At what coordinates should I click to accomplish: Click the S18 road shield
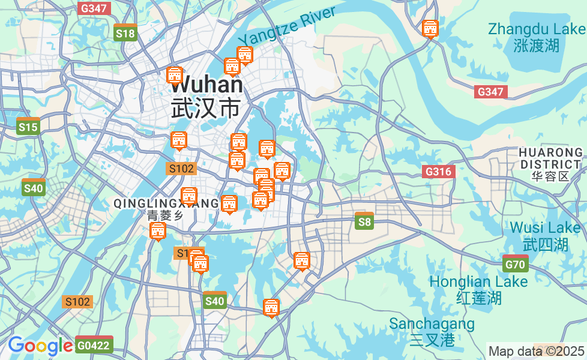[125, 33]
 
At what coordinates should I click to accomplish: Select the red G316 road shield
[438, 172]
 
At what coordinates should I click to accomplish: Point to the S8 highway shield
[364, 222]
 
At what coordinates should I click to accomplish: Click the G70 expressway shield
[515, 264]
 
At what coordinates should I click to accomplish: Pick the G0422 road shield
[94, 345]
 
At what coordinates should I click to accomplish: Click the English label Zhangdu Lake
[536, 29]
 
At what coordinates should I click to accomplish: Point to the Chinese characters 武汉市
[205, 108]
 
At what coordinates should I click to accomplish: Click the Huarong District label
[550, 158]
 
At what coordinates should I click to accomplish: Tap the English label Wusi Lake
[545, 228]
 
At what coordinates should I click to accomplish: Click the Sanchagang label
[432, 324]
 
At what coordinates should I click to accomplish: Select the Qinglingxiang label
[166, 204]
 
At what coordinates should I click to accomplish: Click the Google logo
[40, 346]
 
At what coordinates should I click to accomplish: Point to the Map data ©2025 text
[536, 351]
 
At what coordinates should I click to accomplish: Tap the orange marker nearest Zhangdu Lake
[430, 28]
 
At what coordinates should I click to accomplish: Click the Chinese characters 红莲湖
[478, 298]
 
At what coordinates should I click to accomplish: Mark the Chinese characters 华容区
[550, 176]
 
